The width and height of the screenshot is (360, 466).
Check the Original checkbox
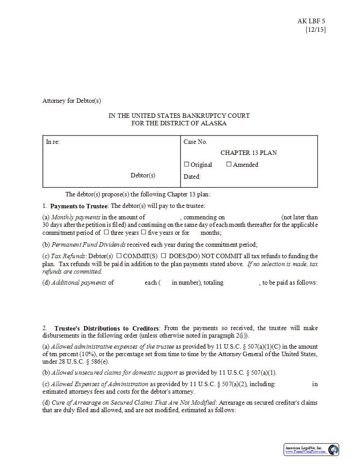coord(187,164)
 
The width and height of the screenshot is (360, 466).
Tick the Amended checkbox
coord(229,164)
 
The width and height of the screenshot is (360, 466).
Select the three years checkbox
coord(106,232)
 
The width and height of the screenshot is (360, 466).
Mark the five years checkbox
coord(143,232)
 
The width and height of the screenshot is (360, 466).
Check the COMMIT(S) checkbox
coord(119,256)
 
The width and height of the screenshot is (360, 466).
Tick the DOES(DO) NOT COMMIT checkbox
coord(164,256)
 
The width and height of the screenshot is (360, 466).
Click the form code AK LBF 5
coord(311,21)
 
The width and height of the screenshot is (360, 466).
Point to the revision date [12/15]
coord(315,30)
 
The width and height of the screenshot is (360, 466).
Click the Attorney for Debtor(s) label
coord(71,101)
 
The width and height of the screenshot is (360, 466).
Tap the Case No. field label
coord(195,142)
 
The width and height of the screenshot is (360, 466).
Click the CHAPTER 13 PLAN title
coord(249,153)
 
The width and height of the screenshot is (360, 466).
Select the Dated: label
coord(192,177)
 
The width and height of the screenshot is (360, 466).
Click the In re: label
coord(52,142)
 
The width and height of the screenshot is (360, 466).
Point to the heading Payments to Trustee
coord(79,206)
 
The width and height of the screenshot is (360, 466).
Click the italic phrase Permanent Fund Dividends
coord(88,244)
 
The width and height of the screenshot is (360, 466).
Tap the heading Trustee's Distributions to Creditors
coord(106,328)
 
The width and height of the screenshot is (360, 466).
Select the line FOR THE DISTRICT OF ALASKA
coord(179,123)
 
